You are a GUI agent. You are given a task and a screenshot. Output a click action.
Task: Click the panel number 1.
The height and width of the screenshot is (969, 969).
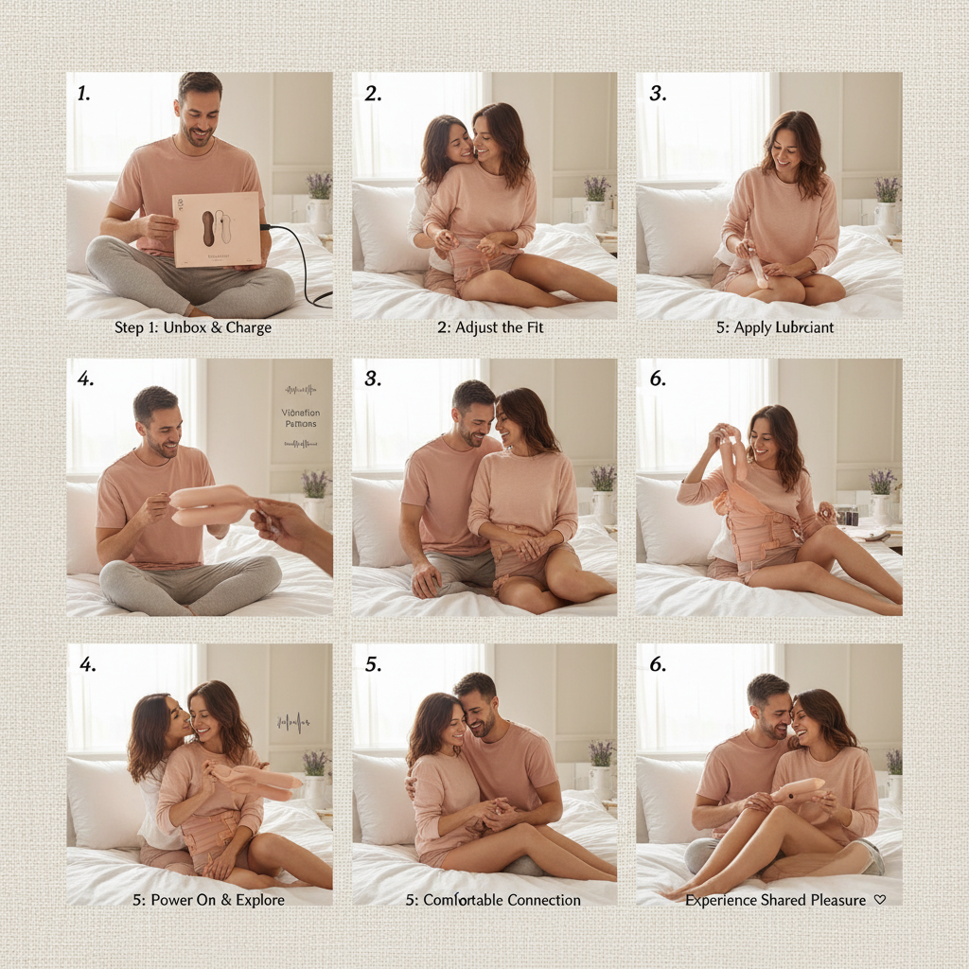coord(83,93)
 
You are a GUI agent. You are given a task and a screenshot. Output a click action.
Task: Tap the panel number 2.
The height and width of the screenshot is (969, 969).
coord(373,93)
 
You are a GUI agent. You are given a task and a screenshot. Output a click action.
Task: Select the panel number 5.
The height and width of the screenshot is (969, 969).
coord(373,664)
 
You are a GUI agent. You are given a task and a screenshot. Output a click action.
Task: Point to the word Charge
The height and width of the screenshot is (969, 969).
coord(248,328)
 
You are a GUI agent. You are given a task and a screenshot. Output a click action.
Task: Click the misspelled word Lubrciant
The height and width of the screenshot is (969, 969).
coord(802,328)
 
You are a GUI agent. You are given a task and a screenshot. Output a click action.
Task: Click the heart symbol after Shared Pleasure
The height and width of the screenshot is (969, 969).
coord(880,900)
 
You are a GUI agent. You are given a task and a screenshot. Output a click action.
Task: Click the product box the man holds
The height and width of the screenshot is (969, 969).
coord(217,228)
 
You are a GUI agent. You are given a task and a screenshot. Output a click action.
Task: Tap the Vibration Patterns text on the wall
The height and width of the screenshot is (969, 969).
coord(300,417)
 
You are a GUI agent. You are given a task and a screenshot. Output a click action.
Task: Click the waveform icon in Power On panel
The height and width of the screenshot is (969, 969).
coord(293,724)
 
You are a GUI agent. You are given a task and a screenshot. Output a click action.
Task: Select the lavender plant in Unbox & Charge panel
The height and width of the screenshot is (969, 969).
coord(319,185)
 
